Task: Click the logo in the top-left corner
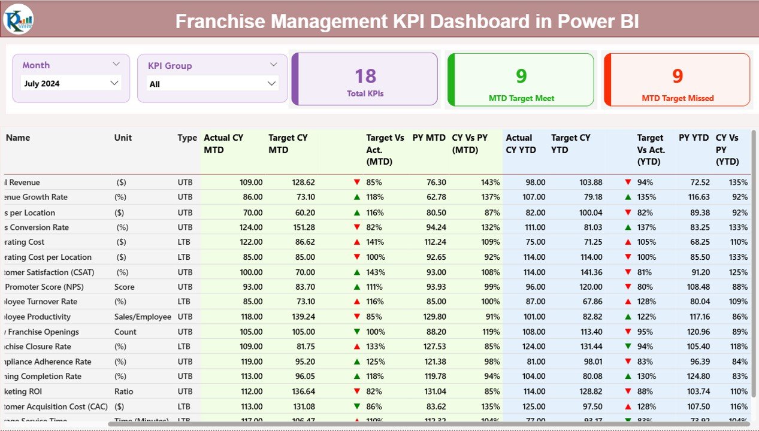coord(19,19)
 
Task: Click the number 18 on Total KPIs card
coord(365,75)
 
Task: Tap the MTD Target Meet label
coord(521,98)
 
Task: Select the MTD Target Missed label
coord(678,98)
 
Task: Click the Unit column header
coord(123,138)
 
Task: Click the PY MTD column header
coord(429,138)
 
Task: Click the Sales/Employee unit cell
coord(143,317)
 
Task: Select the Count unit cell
coord(126,332)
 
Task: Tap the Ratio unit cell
coord(124,391)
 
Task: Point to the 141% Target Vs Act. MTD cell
coord(374,242)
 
